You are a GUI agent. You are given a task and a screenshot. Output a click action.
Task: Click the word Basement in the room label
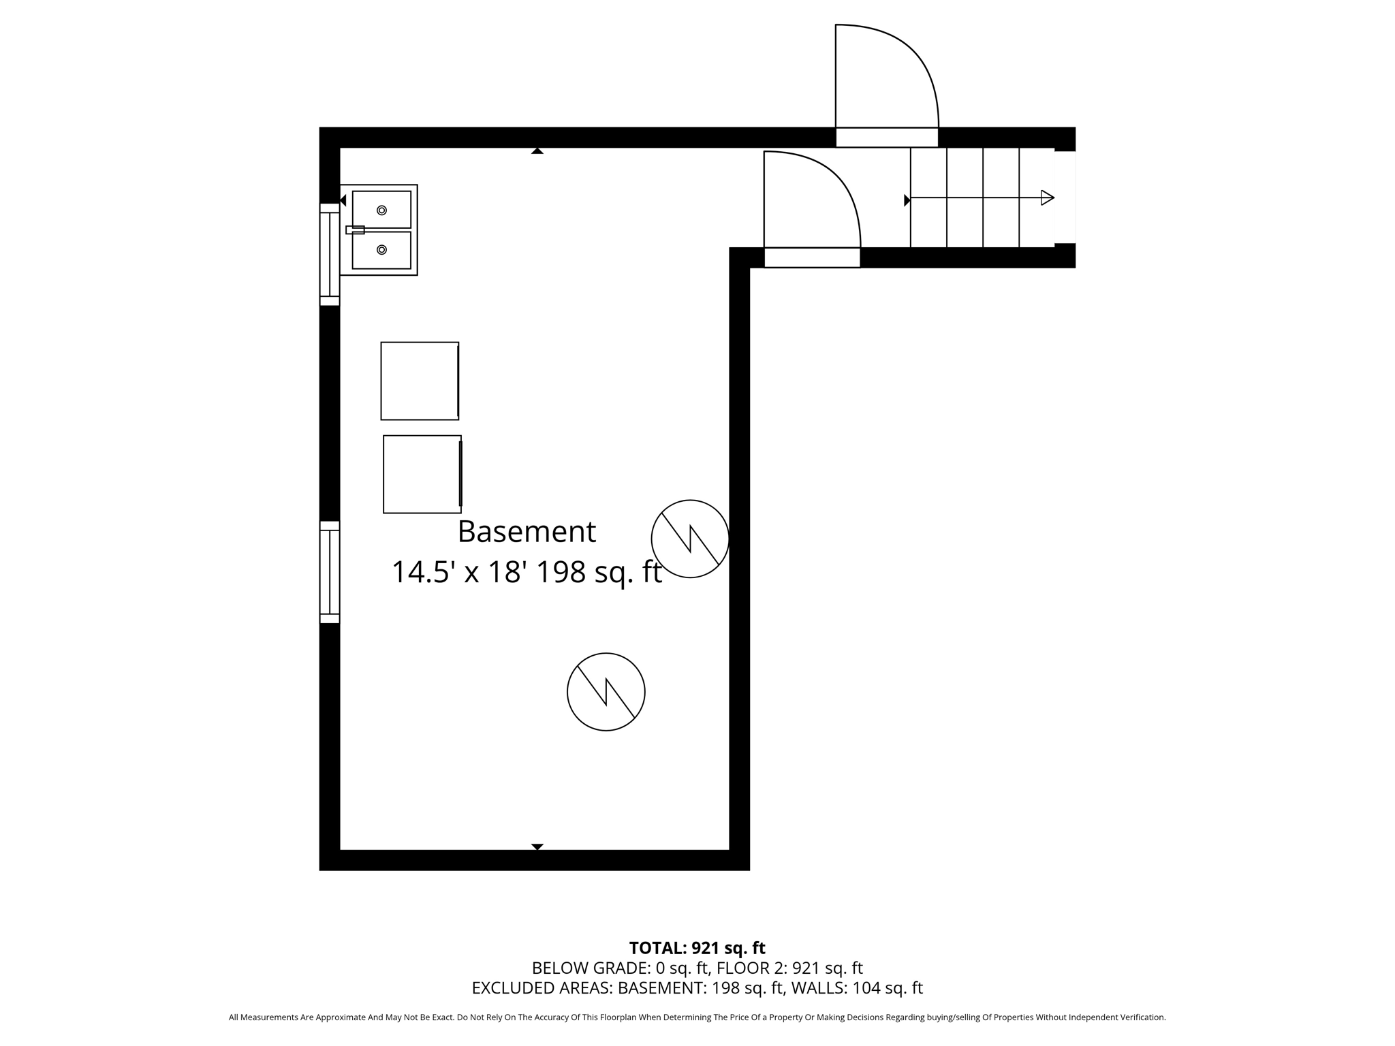click(x=527, y=532)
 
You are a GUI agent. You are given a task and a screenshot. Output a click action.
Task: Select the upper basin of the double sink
click(x=381, y=210)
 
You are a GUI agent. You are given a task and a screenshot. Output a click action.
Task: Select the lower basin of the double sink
click(x=381, y=250)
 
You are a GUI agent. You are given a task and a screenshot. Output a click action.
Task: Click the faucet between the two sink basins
click(x=355, y=230)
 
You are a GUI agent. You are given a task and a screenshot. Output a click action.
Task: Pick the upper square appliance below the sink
click(x=420, y=381)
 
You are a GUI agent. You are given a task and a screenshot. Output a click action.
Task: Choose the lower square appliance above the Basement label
click(x=422, y=474)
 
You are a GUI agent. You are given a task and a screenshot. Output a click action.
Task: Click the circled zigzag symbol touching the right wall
click(x=690, y=539)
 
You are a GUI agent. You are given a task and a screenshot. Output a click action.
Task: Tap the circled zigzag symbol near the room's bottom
click(x=606, y=692)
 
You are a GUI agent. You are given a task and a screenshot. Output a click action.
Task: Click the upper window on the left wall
click(x=330, y=255)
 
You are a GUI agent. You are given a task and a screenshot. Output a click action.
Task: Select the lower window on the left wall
click(x=330, y=572)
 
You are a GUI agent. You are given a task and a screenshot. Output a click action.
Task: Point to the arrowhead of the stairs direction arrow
click(x=1048, y=198)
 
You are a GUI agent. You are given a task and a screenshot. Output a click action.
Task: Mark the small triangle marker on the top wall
click(x=537, y=151)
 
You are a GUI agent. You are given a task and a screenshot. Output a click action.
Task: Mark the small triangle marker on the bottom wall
click(x=537, y=846)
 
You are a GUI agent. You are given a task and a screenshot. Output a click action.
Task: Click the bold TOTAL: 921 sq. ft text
click(x=697, y=948)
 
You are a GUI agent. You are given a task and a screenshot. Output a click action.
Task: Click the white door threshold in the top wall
click(x=887, y=138)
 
